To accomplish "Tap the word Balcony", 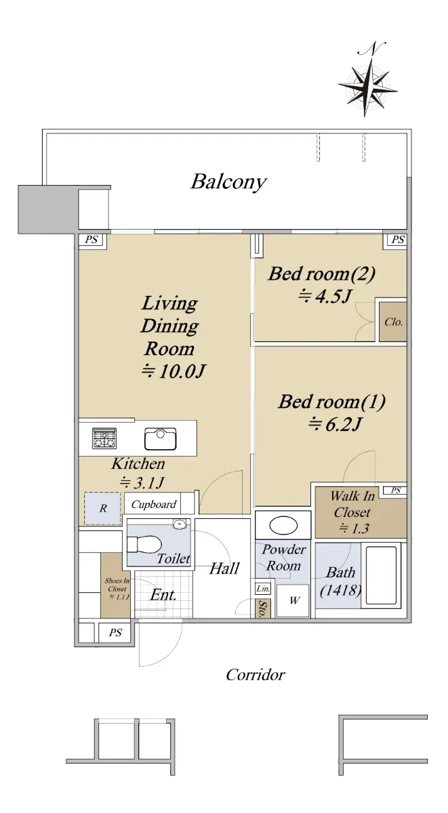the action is point(228,182).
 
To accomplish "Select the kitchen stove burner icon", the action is point(104,438).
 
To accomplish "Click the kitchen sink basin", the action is point(160,439).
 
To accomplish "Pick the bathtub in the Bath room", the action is point(381,575).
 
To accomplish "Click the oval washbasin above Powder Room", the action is point(283,525).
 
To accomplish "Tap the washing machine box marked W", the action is point(293,600).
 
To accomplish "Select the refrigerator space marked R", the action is point(102,508).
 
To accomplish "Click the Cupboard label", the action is point(154,504).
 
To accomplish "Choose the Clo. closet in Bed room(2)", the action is point(393,322).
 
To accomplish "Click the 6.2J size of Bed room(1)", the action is point(334,424).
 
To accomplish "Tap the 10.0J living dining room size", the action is point(174,371).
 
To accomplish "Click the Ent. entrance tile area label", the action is point(163,595).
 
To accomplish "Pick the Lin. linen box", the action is point(262,588).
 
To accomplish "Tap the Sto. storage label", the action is point(262,608).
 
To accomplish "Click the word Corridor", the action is point(256,675).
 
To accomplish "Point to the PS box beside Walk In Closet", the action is point(395,491).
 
